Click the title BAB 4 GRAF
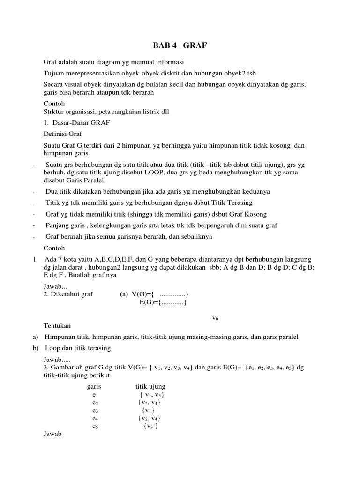(180, 45)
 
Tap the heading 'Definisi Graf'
(62, 134)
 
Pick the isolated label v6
(215, 318)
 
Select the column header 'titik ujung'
(150, 386)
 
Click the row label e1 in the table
(95, 395)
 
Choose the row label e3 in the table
(95, 410)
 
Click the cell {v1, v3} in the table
(151, 395)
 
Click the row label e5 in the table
(95, 426)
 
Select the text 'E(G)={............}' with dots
(164, 302)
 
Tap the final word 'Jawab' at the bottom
(52, 434)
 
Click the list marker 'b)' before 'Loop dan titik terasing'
(36, 348)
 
